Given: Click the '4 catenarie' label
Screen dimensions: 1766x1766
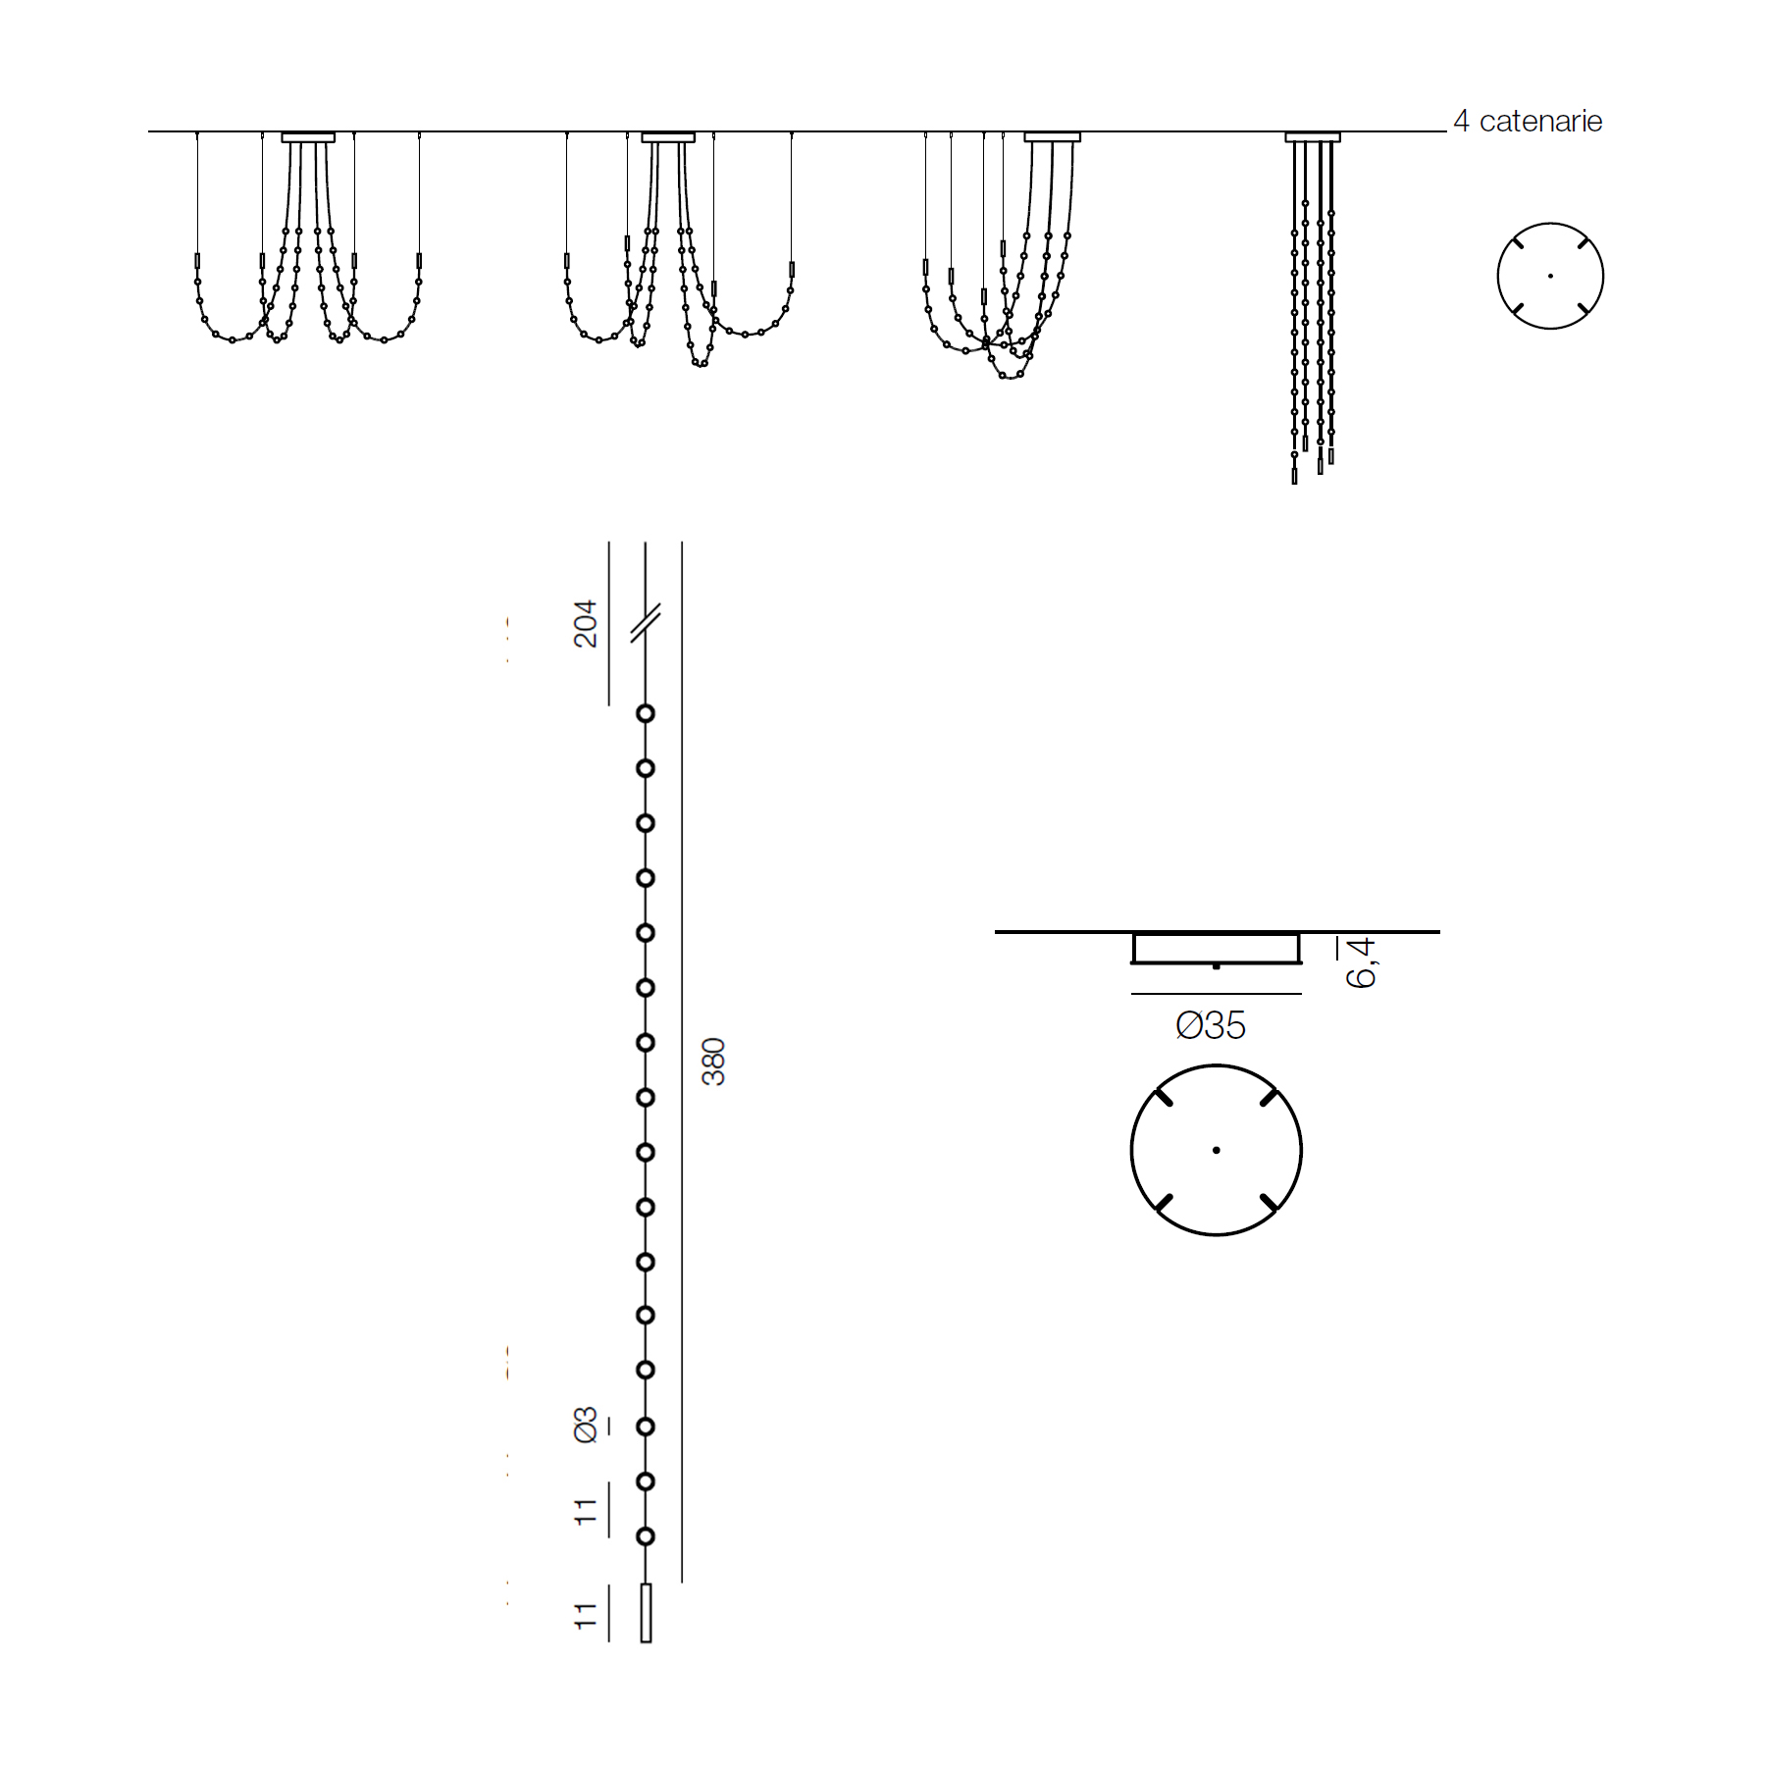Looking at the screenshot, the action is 1528,122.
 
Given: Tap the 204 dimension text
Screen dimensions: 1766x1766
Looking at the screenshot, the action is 586,624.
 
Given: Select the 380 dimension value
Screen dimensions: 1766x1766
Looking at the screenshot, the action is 713,1062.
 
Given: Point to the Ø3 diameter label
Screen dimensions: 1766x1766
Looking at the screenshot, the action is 586,1425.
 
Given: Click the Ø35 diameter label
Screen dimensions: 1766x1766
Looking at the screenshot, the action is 1211,1026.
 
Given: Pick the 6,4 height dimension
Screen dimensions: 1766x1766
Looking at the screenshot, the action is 1362,962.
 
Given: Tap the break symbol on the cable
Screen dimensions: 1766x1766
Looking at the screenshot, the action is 646,623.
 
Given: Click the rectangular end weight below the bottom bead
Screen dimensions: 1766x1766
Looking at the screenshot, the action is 646,1613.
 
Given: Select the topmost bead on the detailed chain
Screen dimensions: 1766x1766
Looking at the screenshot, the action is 646,713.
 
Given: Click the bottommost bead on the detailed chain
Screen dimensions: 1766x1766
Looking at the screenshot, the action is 646,1536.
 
